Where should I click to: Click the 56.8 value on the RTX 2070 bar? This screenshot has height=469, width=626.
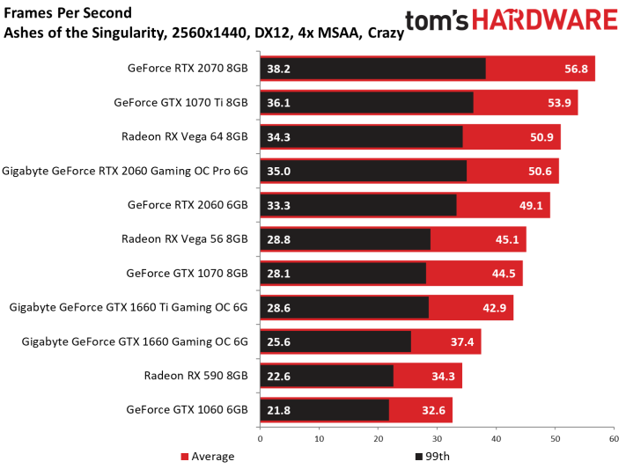576,69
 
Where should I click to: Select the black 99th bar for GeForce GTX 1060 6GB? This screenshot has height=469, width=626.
325,410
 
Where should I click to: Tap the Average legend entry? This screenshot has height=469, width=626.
207,456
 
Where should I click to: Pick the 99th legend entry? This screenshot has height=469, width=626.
432,456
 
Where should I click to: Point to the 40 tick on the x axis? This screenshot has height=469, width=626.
496,439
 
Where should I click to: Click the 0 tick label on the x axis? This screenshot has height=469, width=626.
261,439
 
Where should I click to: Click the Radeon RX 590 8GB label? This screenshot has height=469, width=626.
195,376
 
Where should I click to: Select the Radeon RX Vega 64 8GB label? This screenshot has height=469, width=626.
184,136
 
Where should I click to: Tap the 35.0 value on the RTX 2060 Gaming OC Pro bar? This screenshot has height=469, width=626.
279,172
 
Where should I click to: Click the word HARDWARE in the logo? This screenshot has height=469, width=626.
545,19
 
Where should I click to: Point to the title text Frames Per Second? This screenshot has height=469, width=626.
68,13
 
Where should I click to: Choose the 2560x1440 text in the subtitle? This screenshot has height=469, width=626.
209,33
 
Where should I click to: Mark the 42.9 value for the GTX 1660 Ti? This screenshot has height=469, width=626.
494,308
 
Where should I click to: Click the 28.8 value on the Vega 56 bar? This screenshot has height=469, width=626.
279,239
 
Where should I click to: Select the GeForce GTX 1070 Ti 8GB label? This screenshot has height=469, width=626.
180,103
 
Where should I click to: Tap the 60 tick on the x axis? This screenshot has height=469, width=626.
614,439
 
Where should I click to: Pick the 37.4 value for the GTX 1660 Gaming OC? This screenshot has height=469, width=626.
462,342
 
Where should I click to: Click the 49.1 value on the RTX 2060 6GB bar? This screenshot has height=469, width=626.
531,206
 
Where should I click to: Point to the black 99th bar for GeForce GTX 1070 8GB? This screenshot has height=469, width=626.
343,274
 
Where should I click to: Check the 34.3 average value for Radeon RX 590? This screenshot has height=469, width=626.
443,377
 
